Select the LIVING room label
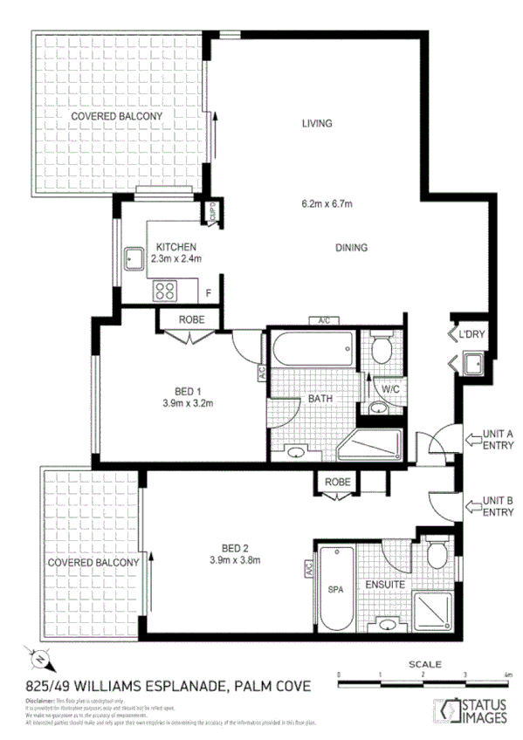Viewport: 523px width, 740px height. point(317,123)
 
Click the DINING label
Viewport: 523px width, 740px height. point(351,248)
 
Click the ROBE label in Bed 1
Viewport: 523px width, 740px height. point(191,319)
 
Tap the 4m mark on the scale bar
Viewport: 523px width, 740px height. point(507,675)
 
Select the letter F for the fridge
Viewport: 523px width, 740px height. point(208,292)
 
